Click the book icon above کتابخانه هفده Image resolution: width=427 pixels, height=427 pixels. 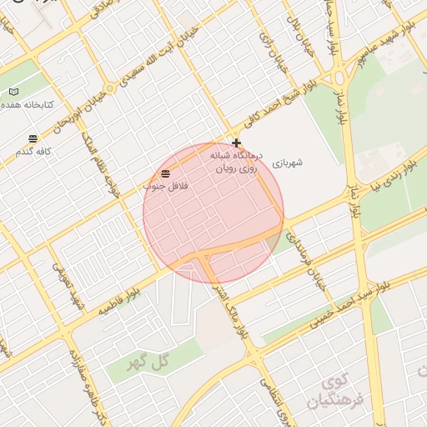click(x=13, y=91)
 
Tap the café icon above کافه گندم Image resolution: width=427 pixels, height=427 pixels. click(x=33, y=138)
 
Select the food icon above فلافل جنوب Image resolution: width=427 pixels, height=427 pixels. click(x=166, y=173)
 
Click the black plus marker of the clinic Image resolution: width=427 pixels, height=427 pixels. click(x=237, y=143)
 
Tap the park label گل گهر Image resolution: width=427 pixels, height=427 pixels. click(x=148, y=364)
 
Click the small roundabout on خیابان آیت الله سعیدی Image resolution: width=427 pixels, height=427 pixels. click(x=109, y=88)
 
